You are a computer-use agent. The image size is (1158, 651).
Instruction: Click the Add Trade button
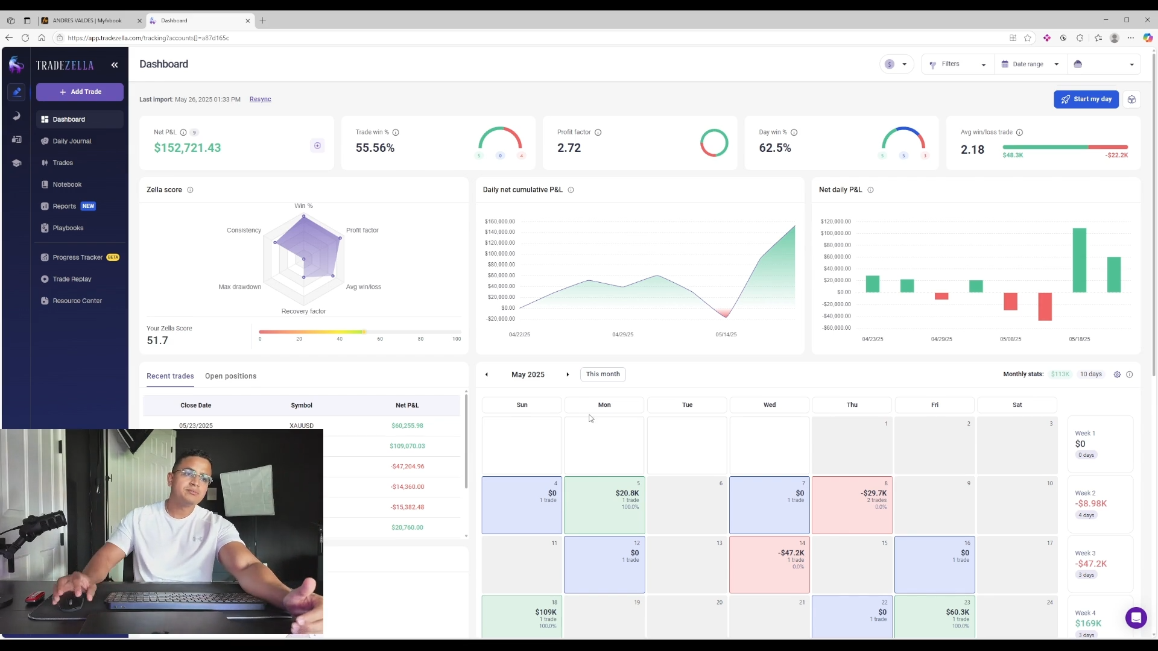[80, 92]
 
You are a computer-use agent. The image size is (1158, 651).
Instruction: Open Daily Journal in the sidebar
[72, 141]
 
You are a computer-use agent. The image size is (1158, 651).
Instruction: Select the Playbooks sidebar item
[68, 228]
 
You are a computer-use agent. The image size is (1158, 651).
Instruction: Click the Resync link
[260, 99]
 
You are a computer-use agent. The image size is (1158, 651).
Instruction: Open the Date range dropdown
[1030, 64]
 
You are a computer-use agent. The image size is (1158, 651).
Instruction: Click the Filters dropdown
[957, 64]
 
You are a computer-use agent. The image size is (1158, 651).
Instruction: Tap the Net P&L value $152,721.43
[188, 148]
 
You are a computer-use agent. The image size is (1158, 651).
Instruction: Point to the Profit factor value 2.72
[569, 148]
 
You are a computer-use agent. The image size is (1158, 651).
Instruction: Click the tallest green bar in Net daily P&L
[1079, 260]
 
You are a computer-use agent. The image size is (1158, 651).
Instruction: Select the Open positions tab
[230, 376]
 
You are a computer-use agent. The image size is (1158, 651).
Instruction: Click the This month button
[603, 374]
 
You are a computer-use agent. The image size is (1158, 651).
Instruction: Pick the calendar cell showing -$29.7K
[852, 505]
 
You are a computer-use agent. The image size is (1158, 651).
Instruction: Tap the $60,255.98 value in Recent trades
[407, 426]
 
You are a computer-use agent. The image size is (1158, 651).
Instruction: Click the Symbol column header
[302, 405]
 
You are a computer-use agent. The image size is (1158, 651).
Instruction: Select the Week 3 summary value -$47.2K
[1090, 564]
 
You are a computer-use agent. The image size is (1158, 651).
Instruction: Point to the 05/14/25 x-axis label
[726, 335]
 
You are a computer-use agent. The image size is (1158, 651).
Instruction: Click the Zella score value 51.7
[157, 341]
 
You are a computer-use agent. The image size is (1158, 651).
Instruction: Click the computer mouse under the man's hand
[71, 600]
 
